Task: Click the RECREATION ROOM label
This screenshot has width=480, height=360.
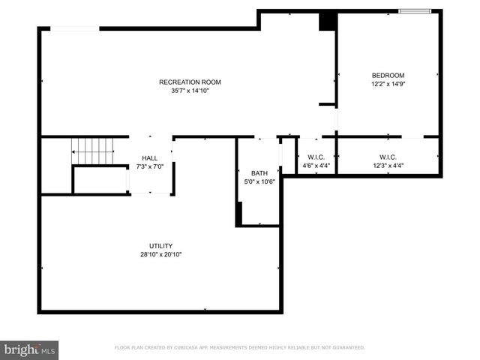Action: pos(190,82)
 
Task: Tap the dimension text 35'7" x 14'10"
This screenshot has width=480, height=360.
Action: pos(190,91)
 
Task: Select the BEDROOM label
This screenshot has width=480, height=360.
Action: pos(388,75)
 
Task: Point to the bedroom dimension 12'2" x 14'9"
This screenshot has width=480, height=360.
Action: pos(388,84)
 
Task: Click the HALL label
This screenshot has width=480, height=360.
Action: pos(150,158)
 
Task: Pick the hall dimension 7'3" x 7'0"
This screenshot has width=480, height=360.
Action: pos(150,166)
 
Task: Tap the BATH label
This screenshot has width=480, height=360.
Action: pos(259,172)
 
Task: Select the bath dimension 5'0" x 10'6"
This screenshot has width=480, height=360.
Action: pos(259,181)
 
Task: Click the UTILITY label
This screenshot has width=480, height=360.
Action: pos(160,246)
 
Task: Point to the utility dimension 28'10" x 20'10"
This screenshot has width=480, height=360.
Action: pos(160,255)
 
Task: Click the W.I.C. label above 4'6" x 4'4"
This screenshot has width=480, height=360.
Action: pos(316,157)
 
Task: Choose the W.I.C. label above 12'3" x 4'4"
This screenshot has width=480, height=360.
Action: pos(388,157)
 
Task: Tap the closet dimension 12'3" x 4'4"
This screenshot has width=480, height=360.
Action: pos(388,166)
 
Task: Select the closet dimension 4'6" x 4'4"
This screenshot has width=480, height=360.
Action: pos(316,166)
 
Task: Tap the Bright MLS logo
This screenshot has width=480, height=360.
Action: pos(30,349)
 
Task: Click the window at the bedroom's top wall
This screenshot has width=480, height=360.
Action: pos(415,10)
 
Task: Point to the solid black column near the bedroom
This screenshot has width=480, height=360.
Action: pos(327,21)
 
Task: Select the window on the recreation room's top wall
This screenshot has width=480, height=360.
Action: pos(75,28)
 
